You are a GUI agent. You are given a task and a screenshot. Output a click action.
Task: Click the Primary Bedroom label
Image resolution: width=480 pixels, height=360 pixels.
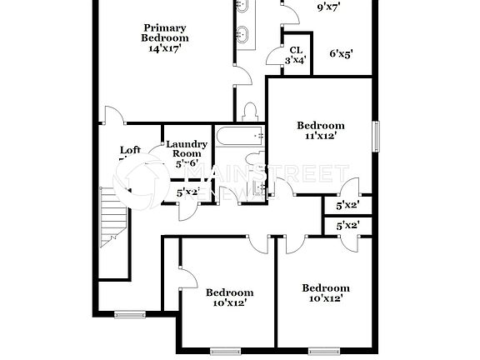(164, 32)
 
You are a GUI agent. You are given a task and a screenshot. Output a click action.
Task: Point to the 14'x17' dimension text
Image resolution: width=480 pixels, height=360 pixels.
(164, 48)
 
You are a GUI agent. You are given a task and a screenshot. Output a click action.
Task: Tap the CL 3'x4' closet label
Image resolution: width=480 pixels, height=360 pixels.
(296, 55)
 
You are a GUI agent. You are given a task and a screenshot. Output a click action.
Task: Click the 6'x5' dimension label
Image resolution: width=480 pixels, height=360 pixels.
(341, 53)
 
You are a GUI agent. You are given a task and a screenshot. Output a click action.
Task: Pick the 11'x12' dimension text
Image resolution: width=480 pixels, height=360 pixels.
(321, 137)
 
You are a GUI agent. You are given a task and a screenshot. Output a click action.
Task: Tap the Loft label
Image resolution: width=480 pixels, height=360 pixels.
(129, 151)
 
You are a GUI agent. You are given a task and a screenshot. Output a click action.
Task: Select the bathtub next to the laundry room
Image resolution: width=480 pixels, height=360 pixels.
(239, 136)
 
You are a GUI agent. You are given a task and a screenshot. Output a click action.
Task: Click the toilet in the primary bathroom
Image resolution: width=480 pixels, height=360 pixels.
(251, 112)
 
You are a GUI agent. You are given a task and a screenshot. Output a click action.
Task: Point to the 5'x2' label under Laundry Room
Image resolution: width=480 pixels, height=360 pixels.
(187, 192)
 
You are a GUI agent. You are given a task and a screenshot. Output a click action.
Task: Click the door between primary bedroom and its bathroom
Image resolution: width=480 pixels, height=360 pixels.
(241, 77)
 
